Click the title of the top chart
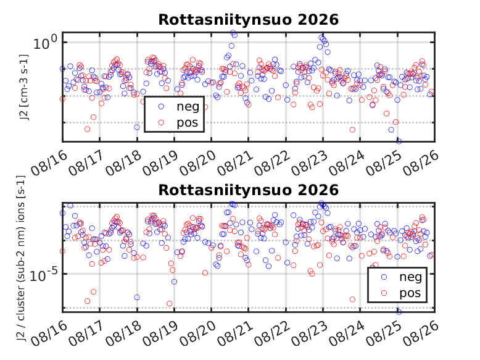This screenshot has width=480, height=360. tap(248, 20)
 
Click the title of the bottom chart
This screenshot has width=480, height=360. tap(248, 190)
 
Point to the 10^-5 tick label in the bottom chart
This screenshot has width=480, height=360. tap(43, 275)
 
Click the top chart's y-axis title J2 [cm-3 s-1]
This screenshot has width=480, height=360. tap(24, 87)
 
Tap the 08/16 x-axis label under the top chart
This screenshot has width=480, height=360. tap(49, 163)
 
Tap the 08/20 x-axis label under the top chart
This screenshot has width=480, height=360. tap(198, 163)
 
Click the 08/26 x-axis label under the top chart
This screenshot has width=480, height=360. tap(421, 163)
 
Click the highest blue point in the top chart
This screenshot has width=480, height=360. tap(233, 33)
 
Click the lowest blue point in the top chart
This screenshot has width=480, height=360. tap(399, 141)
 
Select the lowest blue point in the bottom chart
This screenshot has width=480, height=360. tap(399, 312)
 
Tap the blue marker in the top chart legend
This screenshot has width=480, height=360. tap(161, 106)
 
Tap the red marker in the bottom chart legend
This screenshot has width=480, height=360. tap(384, 293)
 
